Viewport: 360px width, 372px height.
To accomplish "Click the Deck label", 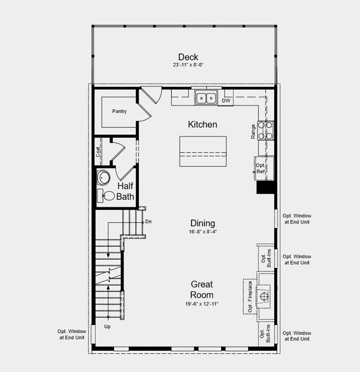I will coord(188,57).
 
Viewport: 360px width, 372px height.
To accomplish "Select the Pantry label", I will coord(120,111).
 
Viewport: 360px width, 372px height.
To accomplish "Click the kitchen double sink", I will coord(206,98).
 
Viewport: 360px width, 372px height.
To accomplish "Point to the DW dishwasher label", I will coord(226,101).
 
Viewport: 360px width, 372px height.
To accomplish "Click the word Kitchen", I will coord(202,124).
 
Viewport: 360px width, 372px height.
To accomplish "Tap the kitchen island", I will coord(203,151).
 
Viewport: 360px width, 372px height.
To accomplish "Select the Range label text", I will coord(253,132).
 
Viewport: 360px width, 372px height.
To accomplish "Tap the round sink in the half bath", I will coord(103,178).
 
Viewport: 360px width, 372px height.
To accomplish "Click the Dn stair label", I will coord(149,221).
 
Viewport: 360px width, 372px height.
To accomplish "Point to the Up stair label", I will coord(107,326).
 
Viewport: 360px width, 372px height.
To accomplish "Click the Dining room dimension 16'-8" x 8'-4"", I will coord(203,232).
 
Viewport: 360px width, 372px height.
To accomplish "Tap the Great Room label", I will coord(202,289).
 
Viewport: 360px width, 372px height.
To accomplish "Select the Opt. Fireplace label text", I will coord(250,296).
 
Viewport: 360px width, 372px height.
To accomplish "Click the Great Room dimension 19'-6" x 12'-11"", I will coord(202,304).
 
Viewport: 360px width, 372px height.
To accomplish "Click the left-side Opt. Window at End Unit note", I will coord(71,334).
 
